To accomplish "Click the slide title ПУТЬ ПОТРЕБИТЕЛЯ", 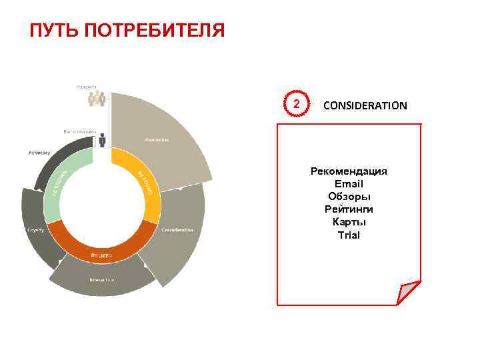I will (127, 31).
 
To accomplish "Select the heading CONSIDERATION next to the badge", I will (365, 105).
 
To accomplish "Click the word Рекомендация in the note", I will (349, 171).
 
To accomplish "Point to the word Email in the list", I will (349, 184).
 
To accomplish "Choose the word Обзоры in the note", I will (349, 197).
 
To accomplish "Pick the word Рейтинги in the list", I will (349, 209).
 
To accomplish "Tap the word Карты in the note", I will (349, 222).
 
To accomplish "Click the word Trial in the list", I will (349, 235).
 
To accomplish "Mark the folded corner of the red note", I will (407, 293).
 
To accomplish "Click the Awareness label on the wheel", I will (157, 140).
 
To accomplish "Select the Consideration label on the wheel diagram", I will (177, 230).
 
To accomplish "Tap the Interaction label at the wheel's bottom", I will (102, 279).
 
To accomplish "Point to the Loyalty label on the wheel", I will (35, 230).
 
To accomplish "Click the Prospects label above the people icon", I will (86, 86).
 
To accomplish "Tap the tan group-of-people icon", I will (97, 99).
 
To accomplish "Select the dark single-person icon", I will (102, 141).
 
